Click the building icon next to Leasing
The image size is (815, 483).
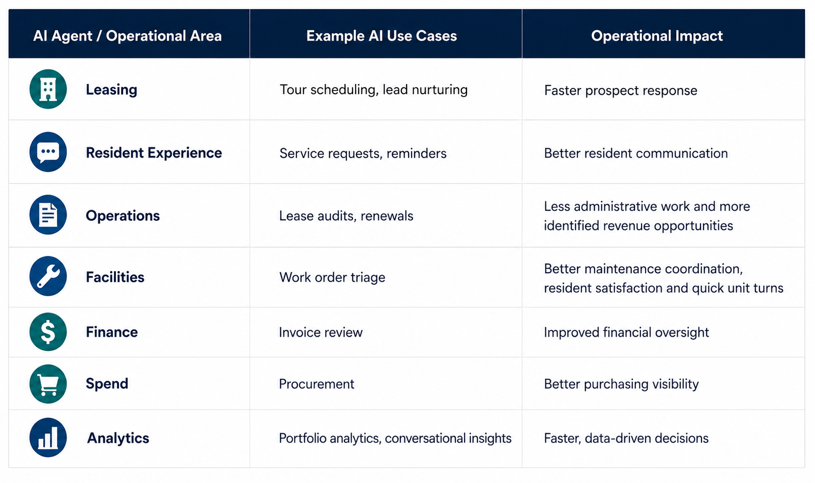point(48,89)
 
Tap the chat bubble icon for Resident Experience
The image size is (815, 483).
point(48,152)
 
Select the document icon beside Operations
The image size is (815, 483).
point(48,215)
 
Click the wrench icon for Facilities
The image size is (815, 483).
point(48,276)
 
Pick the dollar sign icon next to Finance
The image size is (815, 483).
point(48,332)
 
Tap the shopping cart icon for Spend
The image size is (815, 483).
point(48,384)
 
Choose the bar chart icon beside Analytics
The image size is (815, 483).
point(48,437)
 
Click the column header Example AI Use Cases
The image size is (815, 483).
point(381,36)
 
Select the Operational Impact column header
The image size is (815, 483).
point(656,36)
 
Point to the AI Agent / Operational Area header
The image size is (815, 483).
point(127,36)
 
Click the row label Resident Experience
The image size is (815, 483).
point(153,153)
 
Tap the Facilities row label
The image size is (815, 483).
point(115,277)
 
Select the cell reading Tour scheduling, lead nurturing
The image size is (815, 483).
point(373,90)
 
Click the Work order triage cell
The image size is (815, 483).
point(332,278)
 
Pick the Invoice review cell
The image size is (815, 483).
point(320,332)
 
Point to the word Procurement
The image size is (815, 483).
point(316,384)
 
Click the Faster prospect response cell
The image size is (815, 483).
point(620,91)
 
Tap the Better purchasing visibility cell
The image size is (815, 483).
point(621,384)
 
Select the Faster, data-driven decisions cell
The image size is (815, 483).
point(626,438)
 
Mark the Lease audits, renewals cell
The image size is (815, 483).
point(346,216)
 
